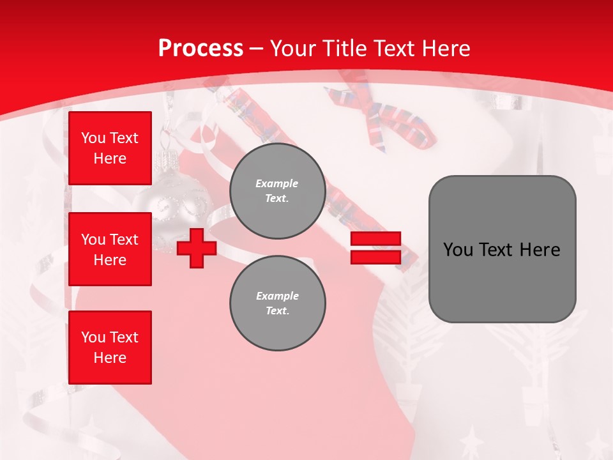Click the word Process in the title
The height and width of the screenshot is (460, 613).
click(x=201, y=49)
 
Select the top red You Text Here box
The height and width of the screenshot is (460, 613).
click(x=110, y=148)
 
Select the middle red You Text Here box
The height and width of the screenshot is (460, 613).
click(x=110, y=249)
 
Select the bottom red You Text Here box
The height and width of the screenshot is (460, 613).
click(x=110, y=348)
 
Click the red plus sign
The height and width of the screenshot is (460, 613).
click(x=197, y=248)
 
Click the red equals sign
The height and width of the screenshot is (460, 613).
click(x=375, y=248)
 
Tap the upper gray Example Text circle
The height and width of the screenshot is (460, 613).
click(x=278, y=191)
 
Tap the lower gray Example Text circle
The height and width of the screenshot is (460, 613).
click(x=278, y=303)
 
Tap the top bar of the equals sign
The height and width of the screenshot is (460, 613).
click(x=375, y=239)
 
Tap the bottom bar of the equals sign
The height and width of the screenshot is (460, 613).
click(x=375, y=257)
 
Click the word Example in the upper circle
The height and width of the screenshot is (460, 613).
click(x=277, y=183)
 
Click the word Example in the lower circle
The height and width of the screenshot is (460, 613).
click(x=277, y=296)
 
